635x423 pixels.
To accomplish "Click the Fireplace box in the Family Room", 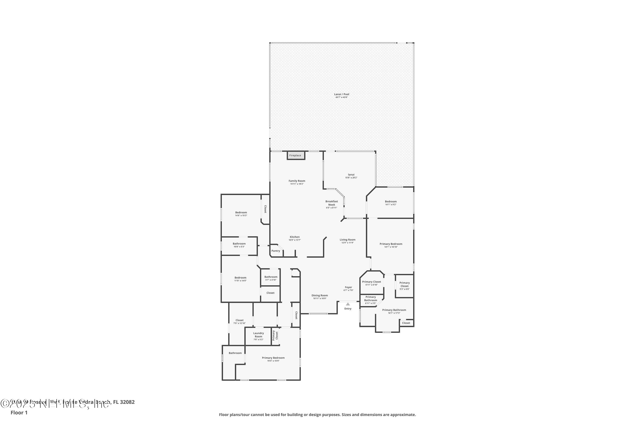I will coord(296,155).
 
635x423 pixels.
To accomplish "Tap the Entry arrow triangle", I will coord(348,304).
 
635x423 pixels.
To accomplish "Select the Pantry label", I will coord(276,251).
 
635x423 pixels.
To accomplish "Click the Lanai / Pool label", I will coord(342,94).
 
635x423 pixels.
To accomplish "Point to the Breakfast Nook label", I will coord(331,203).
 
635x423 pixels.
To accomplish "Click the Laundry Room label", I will coord(258,335).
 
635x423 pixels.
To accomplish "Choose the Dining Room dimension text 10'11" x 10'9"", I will coord(320,298).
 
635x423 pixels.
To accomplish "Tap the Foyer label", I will coord(348,287).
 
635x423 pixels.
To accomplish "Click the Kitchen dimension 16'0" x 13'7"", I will coord(295,240).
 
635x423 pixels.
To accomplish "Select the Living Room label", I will coord(348,240).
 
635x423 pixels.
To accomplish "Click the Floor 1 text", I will coord(19,412).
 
